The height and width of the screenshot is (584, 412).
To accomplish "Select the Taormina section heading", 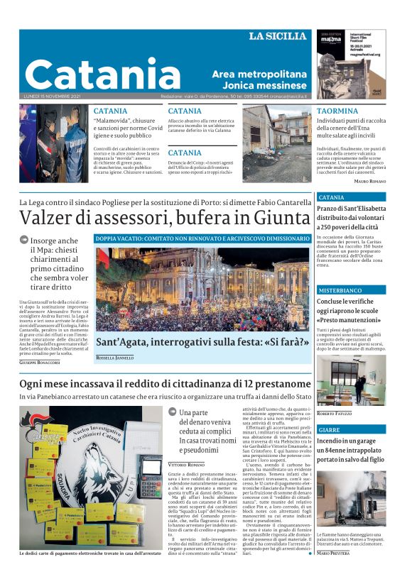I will click(337, 111).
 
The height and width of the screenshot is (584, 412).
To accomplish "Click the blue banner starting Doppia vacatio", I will click(202, 239).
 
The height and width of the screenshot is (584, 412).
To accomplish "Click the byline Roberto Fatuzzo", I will click(335, 414).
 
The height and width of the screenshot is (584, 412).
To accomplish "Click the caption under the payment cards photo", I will click(92, 573).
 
